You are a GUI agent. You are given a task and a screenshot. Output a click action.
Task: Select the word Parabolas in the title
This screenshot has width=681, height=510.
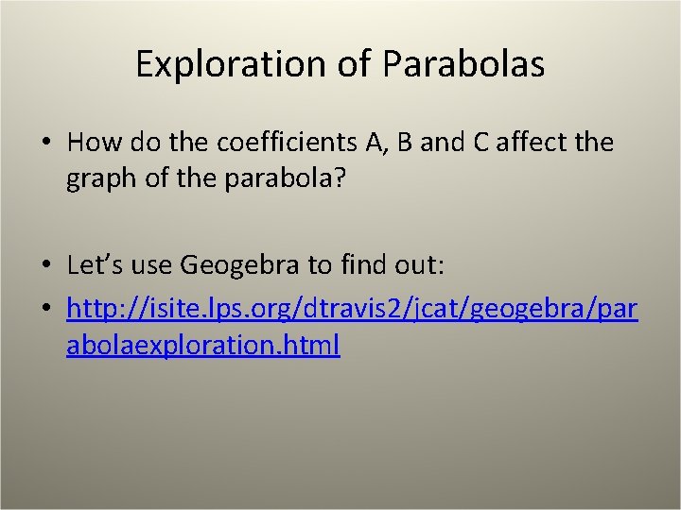(463, 64)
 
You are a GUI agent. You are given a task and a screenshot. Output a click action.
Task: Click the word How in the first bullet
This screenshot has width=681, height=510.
(89, 143)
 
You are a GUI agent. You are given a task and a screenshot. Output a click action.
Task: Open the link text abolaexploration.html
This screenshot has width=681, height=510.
(203, 345)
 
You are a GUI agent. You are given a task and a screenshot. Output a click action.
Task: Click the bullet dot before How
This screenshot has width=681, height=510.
(45, 144)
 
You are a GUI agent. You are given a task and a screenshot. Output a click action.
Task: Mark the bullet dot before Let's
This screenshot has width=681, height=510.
(45, 265)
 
